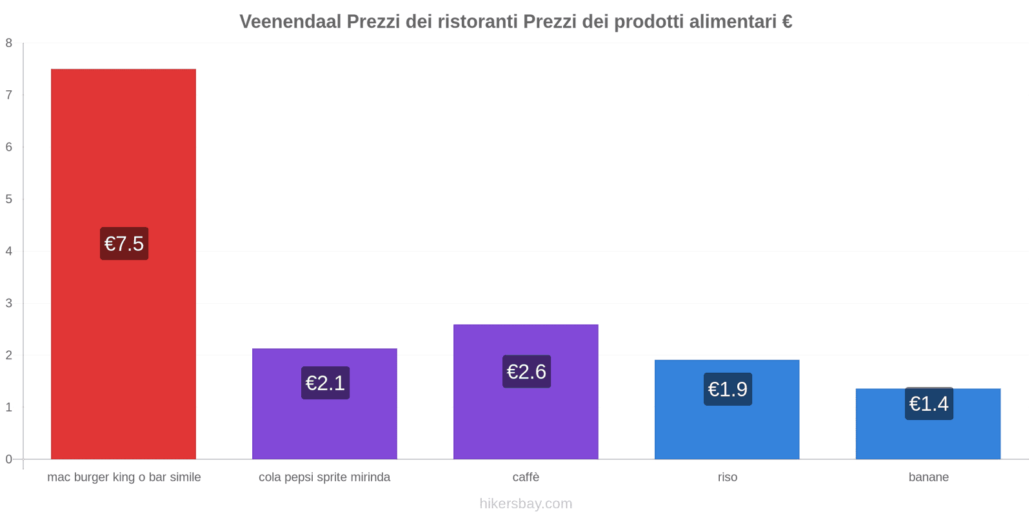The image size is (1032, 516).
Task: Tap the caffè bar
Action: coord(526,419)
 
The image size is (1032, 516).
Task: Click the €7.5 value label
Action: coord(124,244)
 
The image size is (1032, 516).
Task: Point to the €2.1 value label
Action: coord(325,383)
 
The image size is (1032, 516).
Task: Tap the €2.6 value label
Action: coord(526,372)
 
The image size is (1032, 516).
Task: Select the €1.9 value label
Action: coord(728,389)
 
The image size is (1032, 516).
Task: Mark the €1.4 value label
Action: coord(929,404)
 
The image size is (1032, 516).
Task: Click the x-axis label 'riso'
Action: coord(727,477)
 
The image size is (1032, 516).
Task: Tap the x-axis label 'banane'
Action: coord(928,477)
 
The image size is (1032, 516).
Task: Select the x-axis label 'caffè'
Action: coord(526,477)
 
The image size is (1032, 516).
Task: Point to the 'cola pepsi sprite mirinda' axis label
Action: coord(324,477)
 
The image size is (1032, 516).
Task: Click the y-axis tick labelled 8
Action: coord(9,43)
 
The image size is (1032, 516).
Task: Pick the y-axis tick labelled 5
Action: coord(9,199)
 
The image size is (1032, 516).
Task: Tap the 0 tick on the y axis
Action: coord(9,459)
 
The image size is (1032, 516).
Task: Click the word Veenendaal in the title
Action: coord(290,22)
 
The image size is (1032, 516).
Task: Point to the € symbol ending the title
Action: coord(787,22)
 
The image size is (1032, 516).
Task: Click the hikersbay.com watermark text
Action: coord(526,504)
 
